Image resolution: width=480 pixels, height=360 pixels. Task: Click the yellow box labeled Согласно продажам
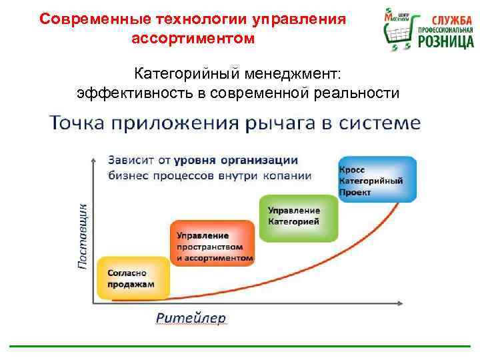(133, 278)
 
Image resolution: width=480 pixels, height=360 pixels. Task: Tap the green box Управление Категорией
(298, 216)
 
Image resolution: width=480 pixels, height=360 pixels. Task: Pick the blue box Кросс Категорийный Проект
(377, 179)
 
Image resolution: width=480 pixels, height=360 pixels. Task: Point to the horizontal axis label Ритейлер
(191, 317)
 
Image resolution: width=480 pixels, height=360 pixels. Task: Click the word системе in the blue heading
(387, 123)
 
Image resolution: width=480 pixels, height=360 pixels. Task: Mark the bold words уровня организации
(236, 161)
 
